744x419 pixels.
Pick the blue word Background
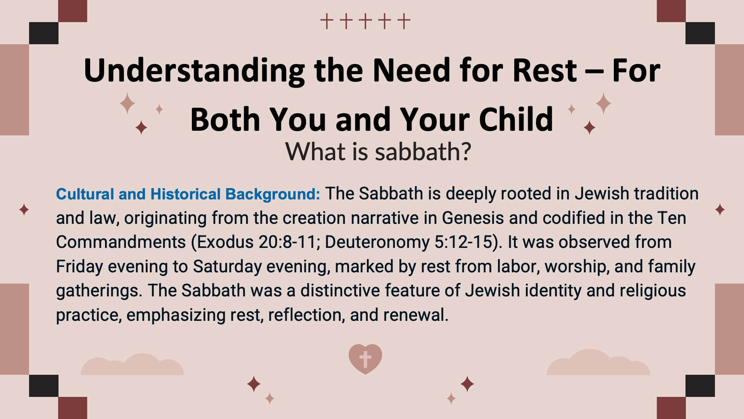click(273, 194)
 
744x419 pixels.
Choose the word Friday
click(79, 267)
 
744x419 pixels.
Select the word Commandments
click(121, 242)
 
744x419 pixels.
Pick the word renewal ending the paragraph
click(416, 315)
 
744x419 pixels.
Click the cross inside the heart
click(365, 359)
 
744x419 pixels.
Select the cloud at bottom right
click(598, 362)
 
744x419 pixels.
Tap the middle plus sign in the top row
click(365, 21)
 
